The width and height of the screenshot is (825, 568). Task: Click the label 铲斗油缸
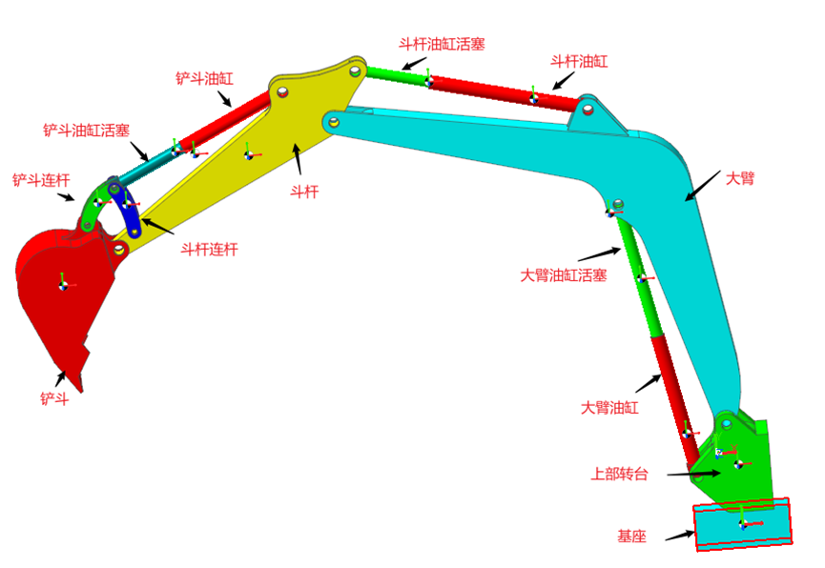(x=204, y=78)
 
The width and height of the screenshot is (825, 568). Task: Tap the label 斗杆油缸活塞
(x=442, y=44)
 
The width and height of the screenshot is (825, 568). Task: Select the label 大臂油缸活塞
(x=564, y=275)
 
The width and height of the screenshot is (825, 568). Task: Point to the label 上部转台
(x=619, y=474)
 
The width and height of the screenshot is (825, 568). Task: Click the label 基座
(x=631, y=537)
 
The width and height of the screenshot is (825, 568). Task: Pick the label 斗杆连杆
(x=210, y=249)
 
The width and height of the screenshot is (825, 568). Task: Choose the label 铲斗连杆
(x=41, y=180)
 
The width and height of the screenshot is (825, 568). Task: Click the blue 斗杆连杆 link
(x=125, y=208)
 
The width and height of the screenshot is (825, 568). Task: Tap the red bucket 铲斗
(x=60, y=294)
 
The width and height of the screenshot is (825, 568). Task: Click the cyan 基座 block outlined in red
(x=742, y=524)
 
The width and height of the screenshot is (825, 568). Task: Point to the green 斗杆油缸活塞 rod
(x=398, y=75)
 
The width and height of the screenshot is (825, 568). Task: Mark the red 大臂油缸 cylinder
(x=674, y=399)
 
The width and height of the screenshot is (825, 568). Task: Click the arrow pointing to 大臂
(x=702, y=186)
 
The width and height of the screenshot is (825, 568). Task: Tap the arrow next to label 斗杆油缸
(x=563, y=80)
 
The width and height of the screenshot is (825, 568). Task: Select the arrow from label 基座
(x=680, y=536)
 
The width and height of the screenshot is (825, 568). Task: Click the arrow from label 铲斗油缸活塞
(x=139, y=151)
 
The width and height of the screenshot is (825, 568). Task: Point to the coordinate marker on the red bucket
(x=63, y=285)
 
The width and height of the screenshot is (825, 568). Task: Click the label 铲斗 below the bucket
(x=54, y=398)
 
